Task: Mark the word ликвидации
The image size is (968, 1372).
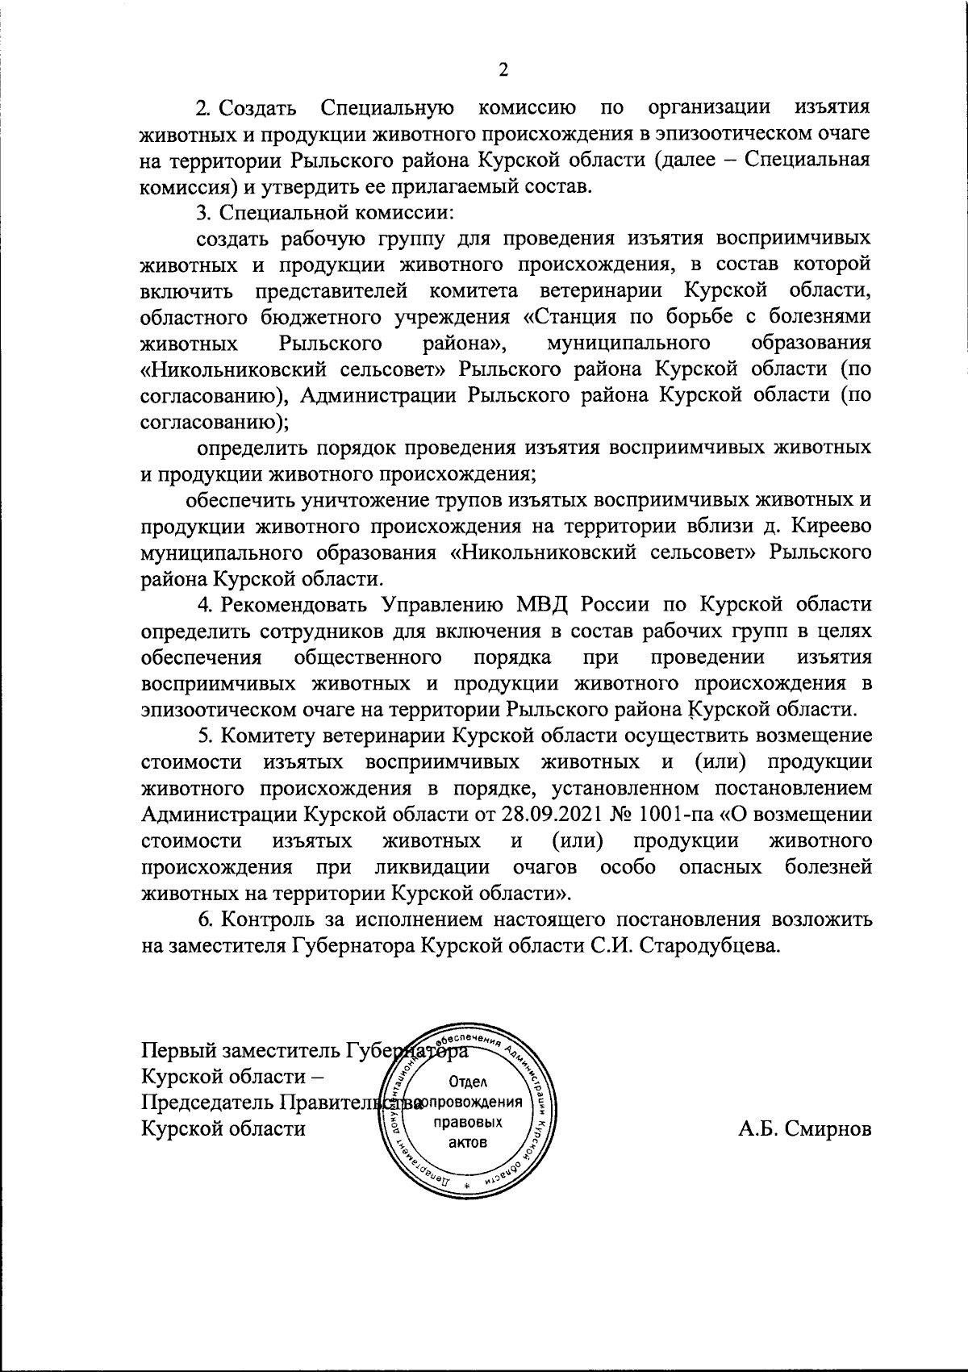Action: click(x=432, y=867)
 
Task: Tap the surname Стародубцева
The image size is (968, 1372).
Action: click(x=710, y=946)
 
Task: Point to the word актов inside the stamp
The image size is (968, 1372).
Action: click(x=468, y=1142)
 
